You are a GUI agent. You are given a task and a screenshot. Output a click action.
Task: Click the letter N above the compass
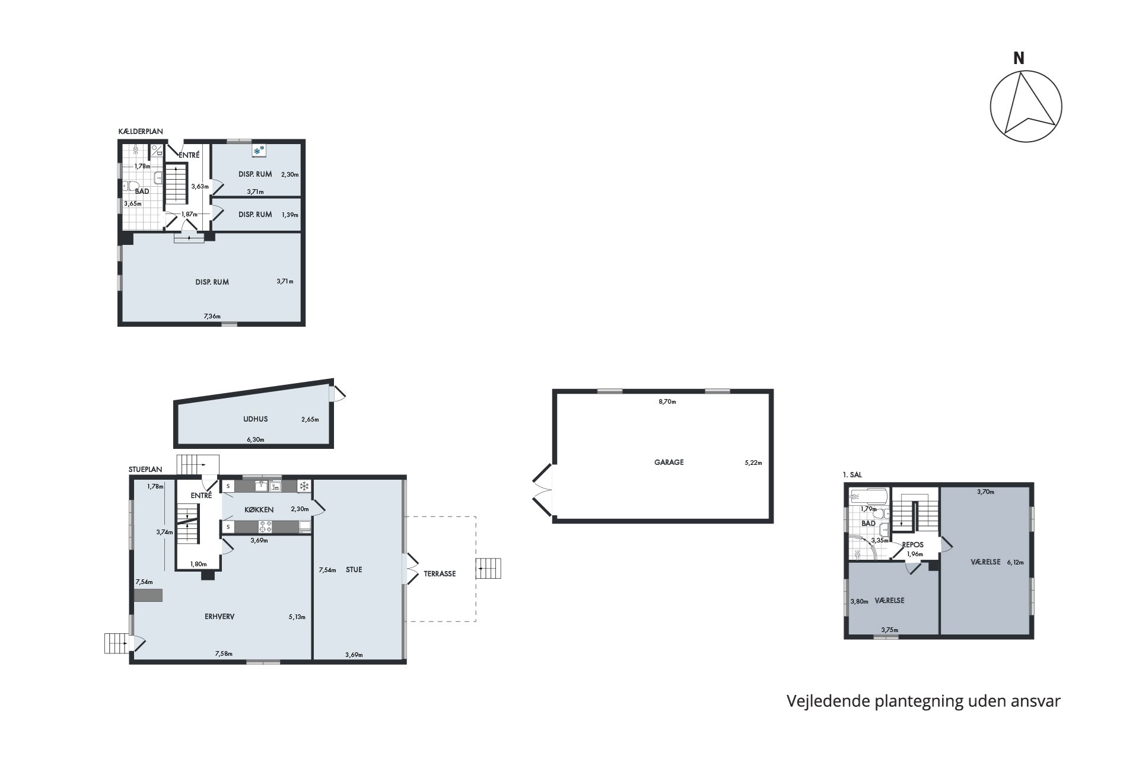(x=1019, y=58)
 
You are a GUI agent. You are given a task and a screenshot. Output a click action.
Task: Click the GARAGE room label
(x=669, y=462)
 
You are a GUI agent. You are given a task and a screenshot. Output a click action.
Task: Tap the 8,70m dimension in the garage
(x=667, y=401)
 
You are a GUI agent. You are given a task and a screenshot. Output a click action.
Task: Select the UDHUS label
(x=255, y=419)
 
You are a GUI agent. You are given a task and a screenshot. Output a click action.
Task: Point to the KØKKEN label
(x=259, y=509)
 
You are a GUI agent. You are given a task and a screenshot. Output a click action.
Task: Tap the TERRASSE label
(x=440, y=573)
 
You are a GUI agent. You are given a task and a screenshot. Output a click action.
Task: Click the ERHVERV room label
(x=219, y=616)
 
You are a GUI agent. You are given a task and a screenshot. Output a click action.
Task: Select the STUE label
(x=354, y=569)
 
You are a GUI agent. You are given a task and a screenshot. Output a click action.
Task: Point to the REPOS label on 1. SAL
(x=912, y=544)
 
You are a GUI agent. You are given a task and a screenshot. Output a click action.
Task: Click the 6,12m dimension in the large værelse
(x=1015, y=562)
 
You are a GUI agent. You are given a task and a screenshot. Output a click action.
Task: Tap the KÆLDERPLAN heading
(x=141, y=132)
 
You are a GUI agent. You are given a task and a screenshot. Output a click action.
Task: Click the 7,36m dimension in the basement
(x=212, y=316)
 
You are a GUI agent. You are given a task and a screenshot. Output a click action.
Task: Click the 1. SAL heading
(x=852, y=475)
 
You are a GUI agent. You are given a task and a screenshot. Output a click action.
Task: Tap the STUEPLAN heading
(x=145, y=469)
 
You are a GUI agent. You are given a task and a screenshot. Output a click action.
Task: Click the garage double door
(x=543, y=491)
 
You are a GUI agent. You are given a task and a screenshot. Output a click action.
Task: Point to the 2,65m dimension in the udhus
(x=310, y=419)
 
